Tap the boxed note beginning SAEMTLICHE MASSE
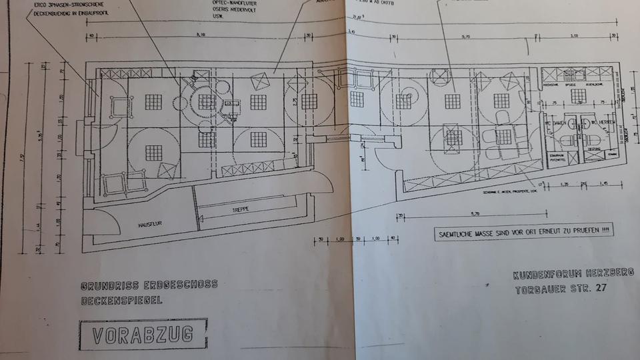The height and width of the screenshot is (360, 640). [x=523, y=233]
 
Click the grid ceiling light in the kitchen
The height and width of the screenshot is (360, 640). [x=577, y=96]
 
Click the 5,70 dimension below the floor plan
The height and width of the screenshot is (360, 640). [x=475, y=214]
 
